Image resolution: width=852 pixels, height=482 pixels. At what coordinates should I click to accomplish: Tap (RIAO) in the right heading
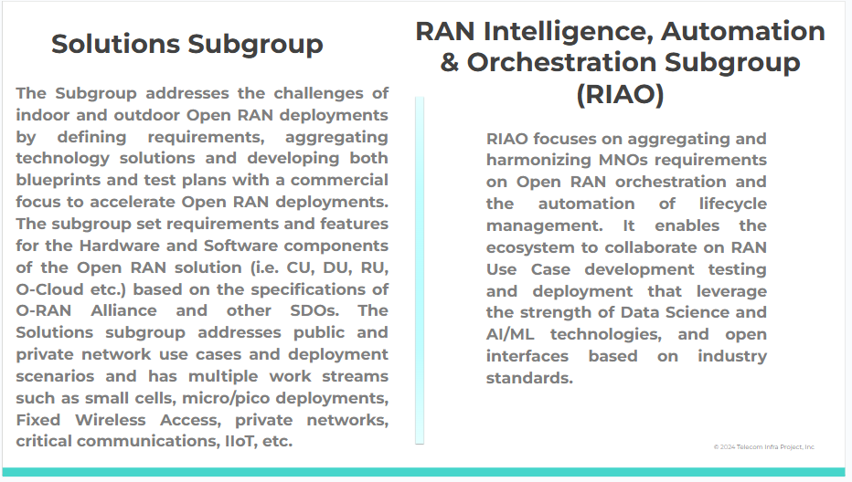pos(620,94)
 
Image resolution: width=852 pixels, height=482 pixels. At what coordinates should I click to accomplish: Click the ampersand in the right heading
pos(450,62)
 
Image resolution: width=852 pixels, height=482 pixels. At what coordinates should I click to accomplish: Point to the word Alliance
pos(123,310)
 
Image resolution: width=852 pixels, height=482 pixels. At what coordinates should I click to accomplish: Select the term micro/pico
pos(226,398)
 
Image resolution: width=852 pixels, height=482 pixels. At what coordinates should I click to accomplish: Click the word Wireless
pos(111,420)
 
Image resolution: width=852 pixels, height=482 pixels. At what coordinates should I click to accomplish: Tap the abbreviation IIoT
pos(240,441)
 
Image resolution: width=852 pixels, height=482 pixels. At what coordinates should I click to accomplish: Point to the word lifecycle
pos(732,204)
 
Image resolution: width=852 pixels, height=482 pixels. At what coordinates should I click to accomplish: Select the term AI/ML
pos(510,334)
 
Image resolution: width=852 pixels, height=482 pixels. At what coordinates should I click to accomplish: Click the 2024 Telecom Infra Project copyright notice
pos(764,446)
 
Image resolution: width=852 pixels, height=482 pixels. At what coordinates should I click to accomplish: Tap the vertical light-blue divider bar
pos(420,270)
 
